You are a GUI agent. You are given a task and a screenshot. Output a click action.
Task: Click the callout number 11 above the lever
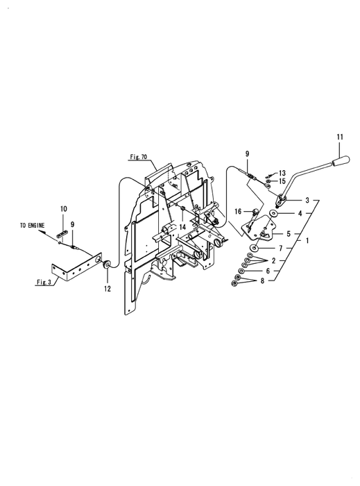click(x=340, y=137)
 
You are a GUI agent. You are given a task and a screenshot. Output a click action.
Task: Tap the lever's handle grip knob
click(x=341, y=161)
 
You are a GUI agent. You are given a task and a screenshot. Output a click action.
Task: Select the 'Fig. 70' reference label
click(x=138, y=157)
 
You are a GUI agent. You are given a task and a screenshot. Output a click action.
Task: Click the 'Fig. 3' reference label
click(x=44, y=282)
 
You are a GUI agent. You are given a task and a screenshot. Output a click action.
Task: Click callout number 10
click(x=63, y=209)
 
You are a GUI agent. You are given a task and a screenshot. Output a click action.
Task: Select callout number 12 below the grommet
click(x=107, y=289)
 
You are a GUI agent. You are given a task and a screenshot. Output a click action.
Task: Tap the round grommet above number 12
click(x=107, y=265)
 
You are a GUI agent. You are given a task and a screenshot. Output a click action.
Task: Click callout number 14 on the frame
click(x=182, y=227)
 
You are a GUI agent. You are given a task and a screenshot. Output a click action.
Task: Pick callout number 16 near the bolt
click(x=238, y=211)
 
